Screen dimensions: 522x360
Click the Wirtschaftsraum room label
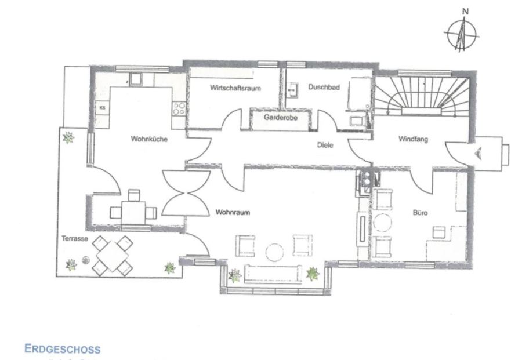click(x=235, y=88)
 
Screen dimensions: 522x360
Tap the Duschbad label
click(x=324, y=87)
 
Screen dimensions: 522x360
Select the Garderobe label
click(x=280, y=118)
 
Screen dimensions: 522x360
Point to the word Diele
click(x=325, y=145)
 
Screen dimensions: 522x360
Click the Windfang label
click(x=413, y=139)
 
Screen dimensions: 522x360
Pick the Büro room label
click(x=420, y=213)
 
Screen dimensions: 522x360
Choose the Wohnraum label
click(x=233, y=212)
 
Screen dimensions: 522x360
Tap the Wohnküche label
click(x=149, y=139)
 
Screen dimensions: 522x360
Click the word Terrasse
click(x=75, y=239)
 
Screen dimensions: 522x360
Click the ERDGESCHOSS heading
click(x=62, y=349)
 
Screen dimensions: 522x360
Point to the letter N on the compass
click(x=465, y=12)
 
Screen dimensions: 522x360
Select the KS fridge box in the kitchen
click(x=102, y=108)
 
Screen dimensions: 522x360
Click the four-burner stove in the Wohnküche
click(x=179, y=108)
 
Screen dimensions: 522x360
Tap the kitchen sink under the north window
click(x=136, y=79)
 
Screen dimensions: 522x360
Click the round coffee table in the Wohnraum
click(x=275, y=252)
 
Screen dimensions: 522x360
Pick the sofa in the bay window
click(x=273, y=274)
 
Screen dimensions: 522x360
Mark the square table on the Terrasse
click(x=113, y=256)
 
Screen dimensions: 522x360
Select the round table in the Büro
click(x=383, y=223)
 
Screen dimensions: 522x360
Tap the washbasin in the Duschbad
click(x=293, y=90)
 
